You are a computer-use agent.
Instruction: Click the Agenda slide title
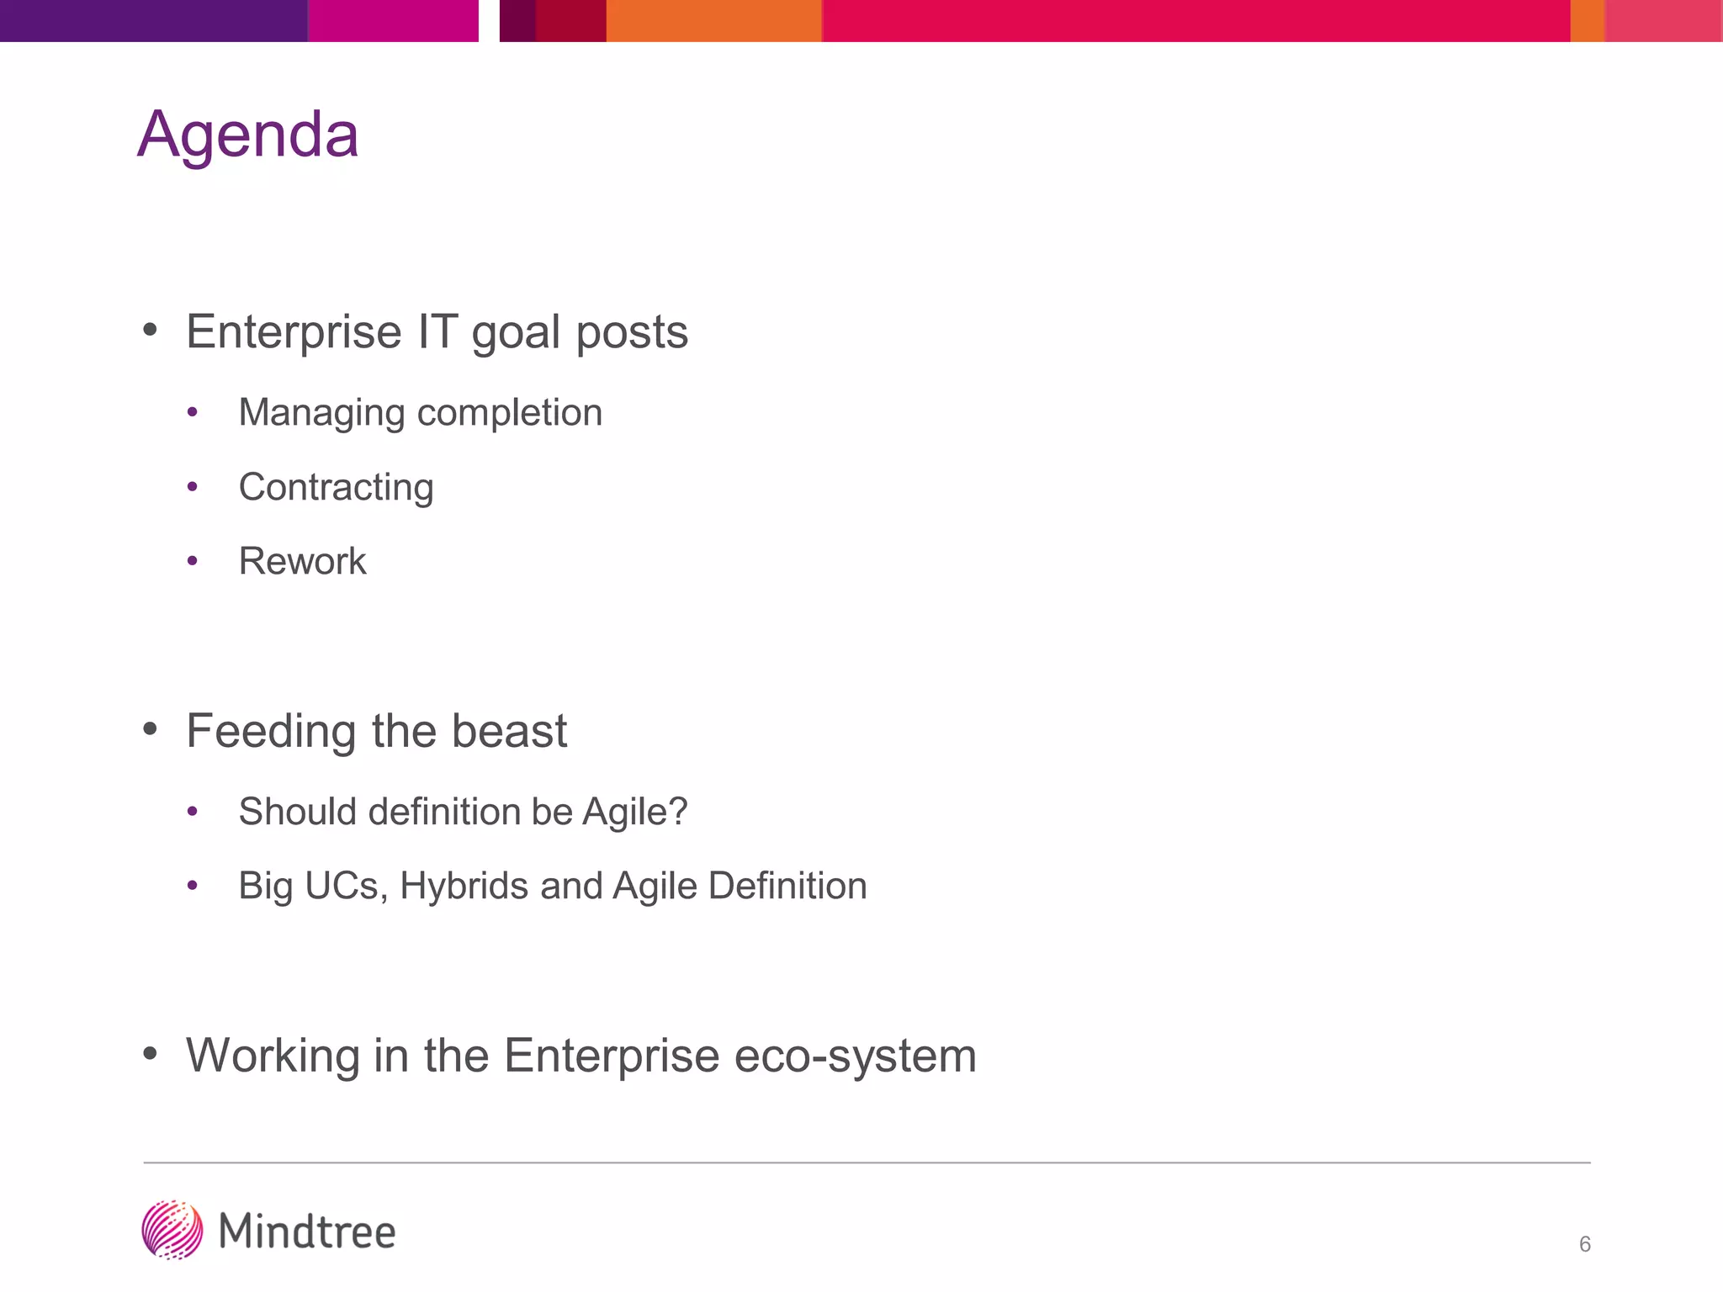click(247, 135)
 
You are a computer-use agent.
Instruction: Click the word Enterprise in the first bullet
click(294, 331)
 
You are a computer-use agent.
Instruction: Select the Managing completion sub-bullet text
click(420, 413)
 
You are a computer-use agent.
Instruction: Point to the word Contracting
click(336, 487)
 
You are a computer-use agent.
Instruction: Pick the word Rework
click(302, 561)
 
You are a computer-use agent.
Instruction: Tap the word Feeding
click(272, 730)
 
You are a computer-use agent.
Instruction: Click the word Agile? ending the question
click(635, 812)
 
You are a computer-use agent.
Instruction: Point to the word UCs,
click(346, 886)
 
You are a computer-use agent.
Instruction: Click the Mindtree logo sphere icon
click(172, 1230)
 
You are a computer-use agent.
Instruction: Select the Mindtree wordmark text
click(307, 1231)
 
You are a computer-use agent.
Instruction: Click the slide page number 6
click(1584, 1244)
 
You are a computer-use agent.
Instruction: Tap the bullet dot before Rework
click(193, 561)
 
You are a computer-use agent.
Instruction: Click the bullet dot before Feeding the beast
click(151, 729)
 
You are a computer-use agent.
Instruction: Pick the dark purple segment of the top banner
click(153, 20)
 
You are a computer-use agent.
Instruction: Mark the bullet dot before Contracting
click(193, 487)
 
